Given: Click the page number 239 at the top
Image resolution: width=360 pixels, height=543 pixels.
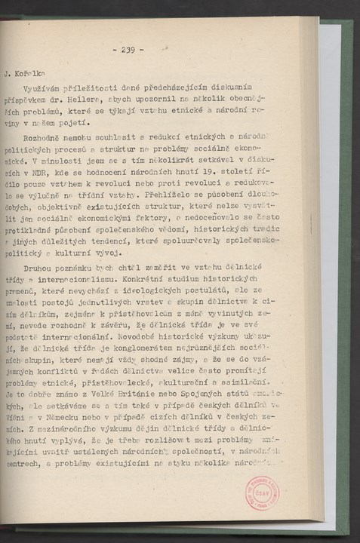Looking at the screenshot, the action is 127,51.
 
